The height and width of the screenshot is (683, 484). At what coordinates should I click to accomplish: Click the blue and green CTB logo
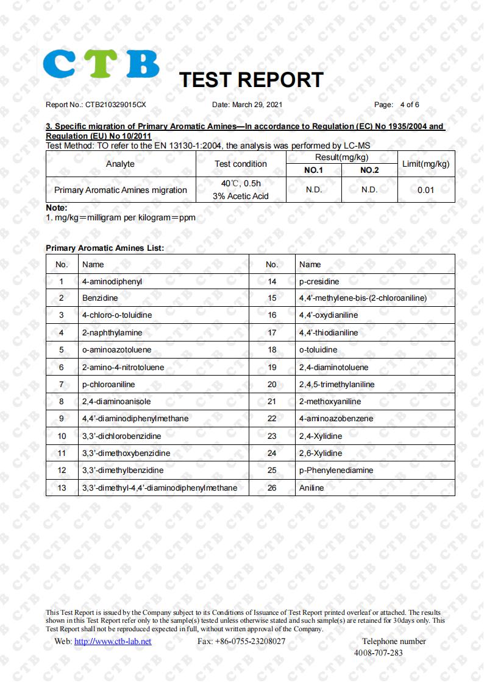[x=101, y=64]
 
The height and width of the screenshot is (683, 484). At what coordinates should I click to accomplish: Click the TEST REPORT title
[x=251, y=80]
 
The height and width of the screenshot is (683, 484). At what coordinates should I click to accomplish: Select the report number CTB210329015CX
[x=115, y=105]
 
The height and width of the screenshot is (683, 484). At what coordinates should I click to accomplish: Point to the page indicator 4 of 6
[x=409, y=105]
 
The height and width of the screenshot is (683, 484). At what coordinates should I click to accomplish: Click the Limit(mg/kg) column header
[x=425, y=164]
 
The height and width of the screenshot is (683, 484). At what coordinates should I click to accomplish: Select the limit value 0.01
[x=425, y=190]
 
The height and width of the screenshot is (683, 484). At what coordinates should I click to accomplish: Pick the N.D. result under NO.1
[x=314, y=190]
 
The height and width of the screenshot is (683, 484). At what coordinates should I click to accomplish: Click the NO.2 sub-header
[x=369, y=170]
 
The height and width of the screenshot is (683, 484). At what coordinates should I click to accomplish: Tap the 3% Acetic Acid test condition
[x=240, y=196]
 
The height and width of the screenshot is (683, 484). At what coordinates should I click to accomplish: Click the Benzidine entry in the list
[x=100, y=298]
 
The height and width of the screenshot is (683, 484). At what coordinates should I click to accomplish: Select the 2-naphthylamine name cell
[x=112, y=333]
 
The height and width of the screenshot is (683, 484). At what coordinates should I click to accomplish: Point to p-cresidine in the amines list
[x=319, y=281]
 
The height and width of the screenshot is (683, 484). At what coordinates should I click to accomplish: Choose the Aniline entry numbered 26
[x=311, y=488]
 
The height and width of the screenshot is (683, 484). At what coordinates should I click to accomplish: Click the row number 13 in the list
[x=62, y=488]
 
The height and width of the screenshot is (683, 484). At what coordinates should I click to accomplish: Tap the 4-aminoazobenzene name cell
[x=336, y=419]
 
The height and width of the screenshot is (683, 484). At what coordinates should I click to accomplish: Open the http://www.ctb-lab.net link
[x=113, y=642]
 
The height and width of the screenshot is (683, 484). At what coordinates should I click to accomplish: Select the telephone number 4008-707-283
[x=378, y=653]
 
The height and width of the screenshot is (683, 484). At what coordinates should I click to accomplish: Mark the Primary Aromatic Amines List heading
[x=105, y=248]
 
